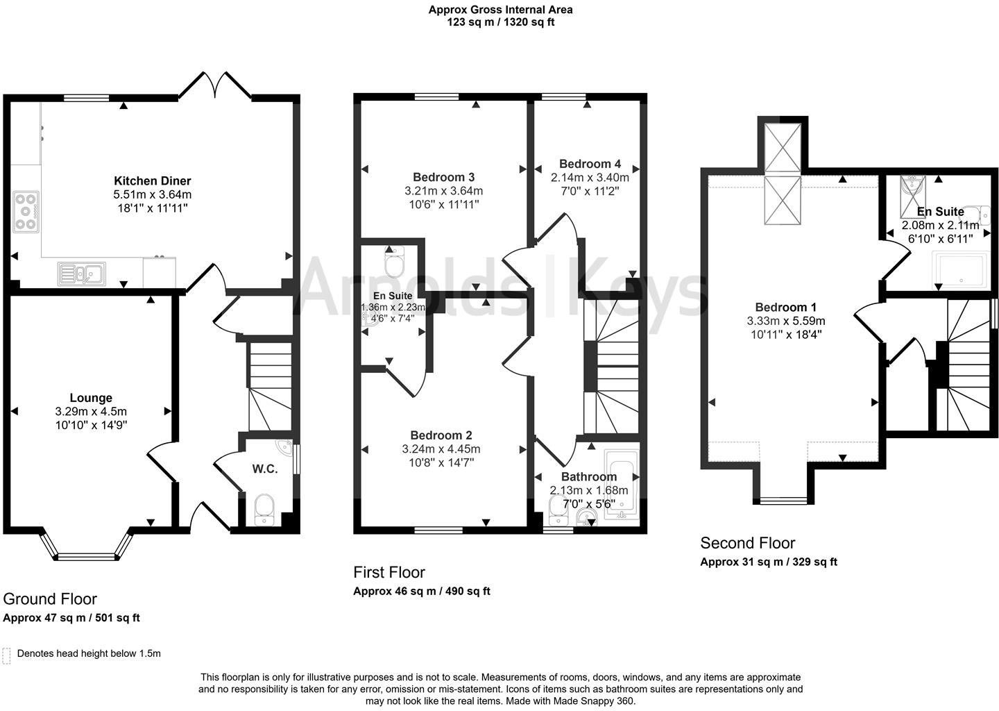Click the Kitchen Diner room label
tap(152, 181)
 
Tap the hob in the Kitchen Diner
tap(26, 211)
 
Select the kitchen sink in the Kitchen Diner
tap(82, 274)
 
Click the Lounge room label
tap(91, 398)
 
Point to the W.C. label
tap(264, 469)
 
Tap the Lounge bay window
tap(87, 555)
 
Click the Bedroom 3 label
tap(443, 177)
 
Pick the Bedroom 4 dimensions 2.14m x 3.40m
tap(590, 178)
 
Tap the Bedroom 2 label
tap(441, 435)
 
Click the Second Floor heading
tap(747, 543)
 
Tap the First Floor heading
tap(388, 572)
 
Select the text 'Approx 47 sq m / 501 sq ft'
tap(71, 618)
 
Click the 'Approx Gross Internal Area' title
tap(500, 10)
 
